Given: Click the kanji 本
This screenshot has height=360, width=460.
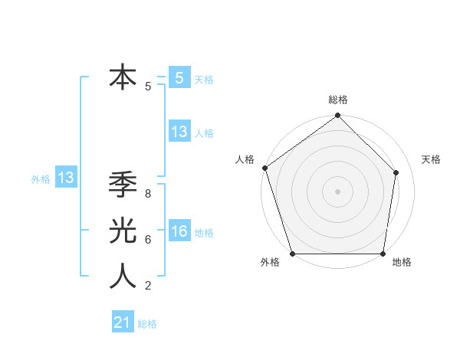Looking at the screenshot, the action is coord(123,78).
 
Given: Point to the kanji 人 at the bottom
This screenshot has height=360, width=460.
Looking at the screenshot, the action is coord(123,276).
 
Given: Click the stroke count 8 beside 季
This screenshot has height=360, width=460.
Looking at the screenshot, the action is coord(147,194).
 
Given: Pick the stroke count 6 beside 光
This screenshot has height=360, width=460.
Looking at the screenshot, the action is coord(147,240).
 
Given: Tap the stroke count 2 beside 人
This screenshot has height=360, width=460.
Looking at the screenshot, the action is coord(147,286).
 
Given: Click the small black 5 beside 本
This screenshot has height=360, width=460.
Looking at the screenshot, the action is coord(147,87).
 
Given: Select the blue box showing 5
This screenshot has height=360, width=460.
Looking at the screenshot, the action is coord(179,77).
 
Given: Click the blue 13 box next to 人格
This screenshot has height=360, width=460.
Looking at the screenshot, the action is coord(179,132).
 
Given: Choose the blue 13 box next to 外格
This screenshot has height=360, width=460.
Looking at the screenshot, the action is coord(65,178).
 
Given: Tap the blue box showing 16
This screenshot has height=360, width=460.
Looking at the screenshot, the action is coord(179,231).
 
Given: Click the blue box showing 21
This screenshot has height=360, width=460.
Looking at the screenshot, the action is coord(123,322).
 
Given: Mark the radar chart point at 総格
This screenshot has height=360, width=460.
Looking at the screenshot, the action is coord(337,116).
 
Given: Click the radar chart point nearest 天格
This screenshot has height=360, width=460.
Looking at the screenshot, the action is coord(396,172).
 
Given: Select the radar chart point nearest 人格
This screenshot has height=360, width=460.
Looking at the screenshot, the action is coord(264,168).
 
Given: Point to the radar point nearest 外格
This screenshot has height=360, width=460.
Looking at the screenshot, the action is coord(293,254).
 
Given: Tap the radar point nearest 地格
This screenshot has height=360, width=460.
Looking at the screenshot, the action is coord(383,254).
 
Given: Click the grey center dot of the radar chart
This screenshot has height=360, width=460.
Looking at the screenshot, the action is coord(337,191).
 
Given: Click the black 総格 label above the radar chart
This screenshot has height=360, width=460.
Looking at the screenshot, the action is coord(337,100).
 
